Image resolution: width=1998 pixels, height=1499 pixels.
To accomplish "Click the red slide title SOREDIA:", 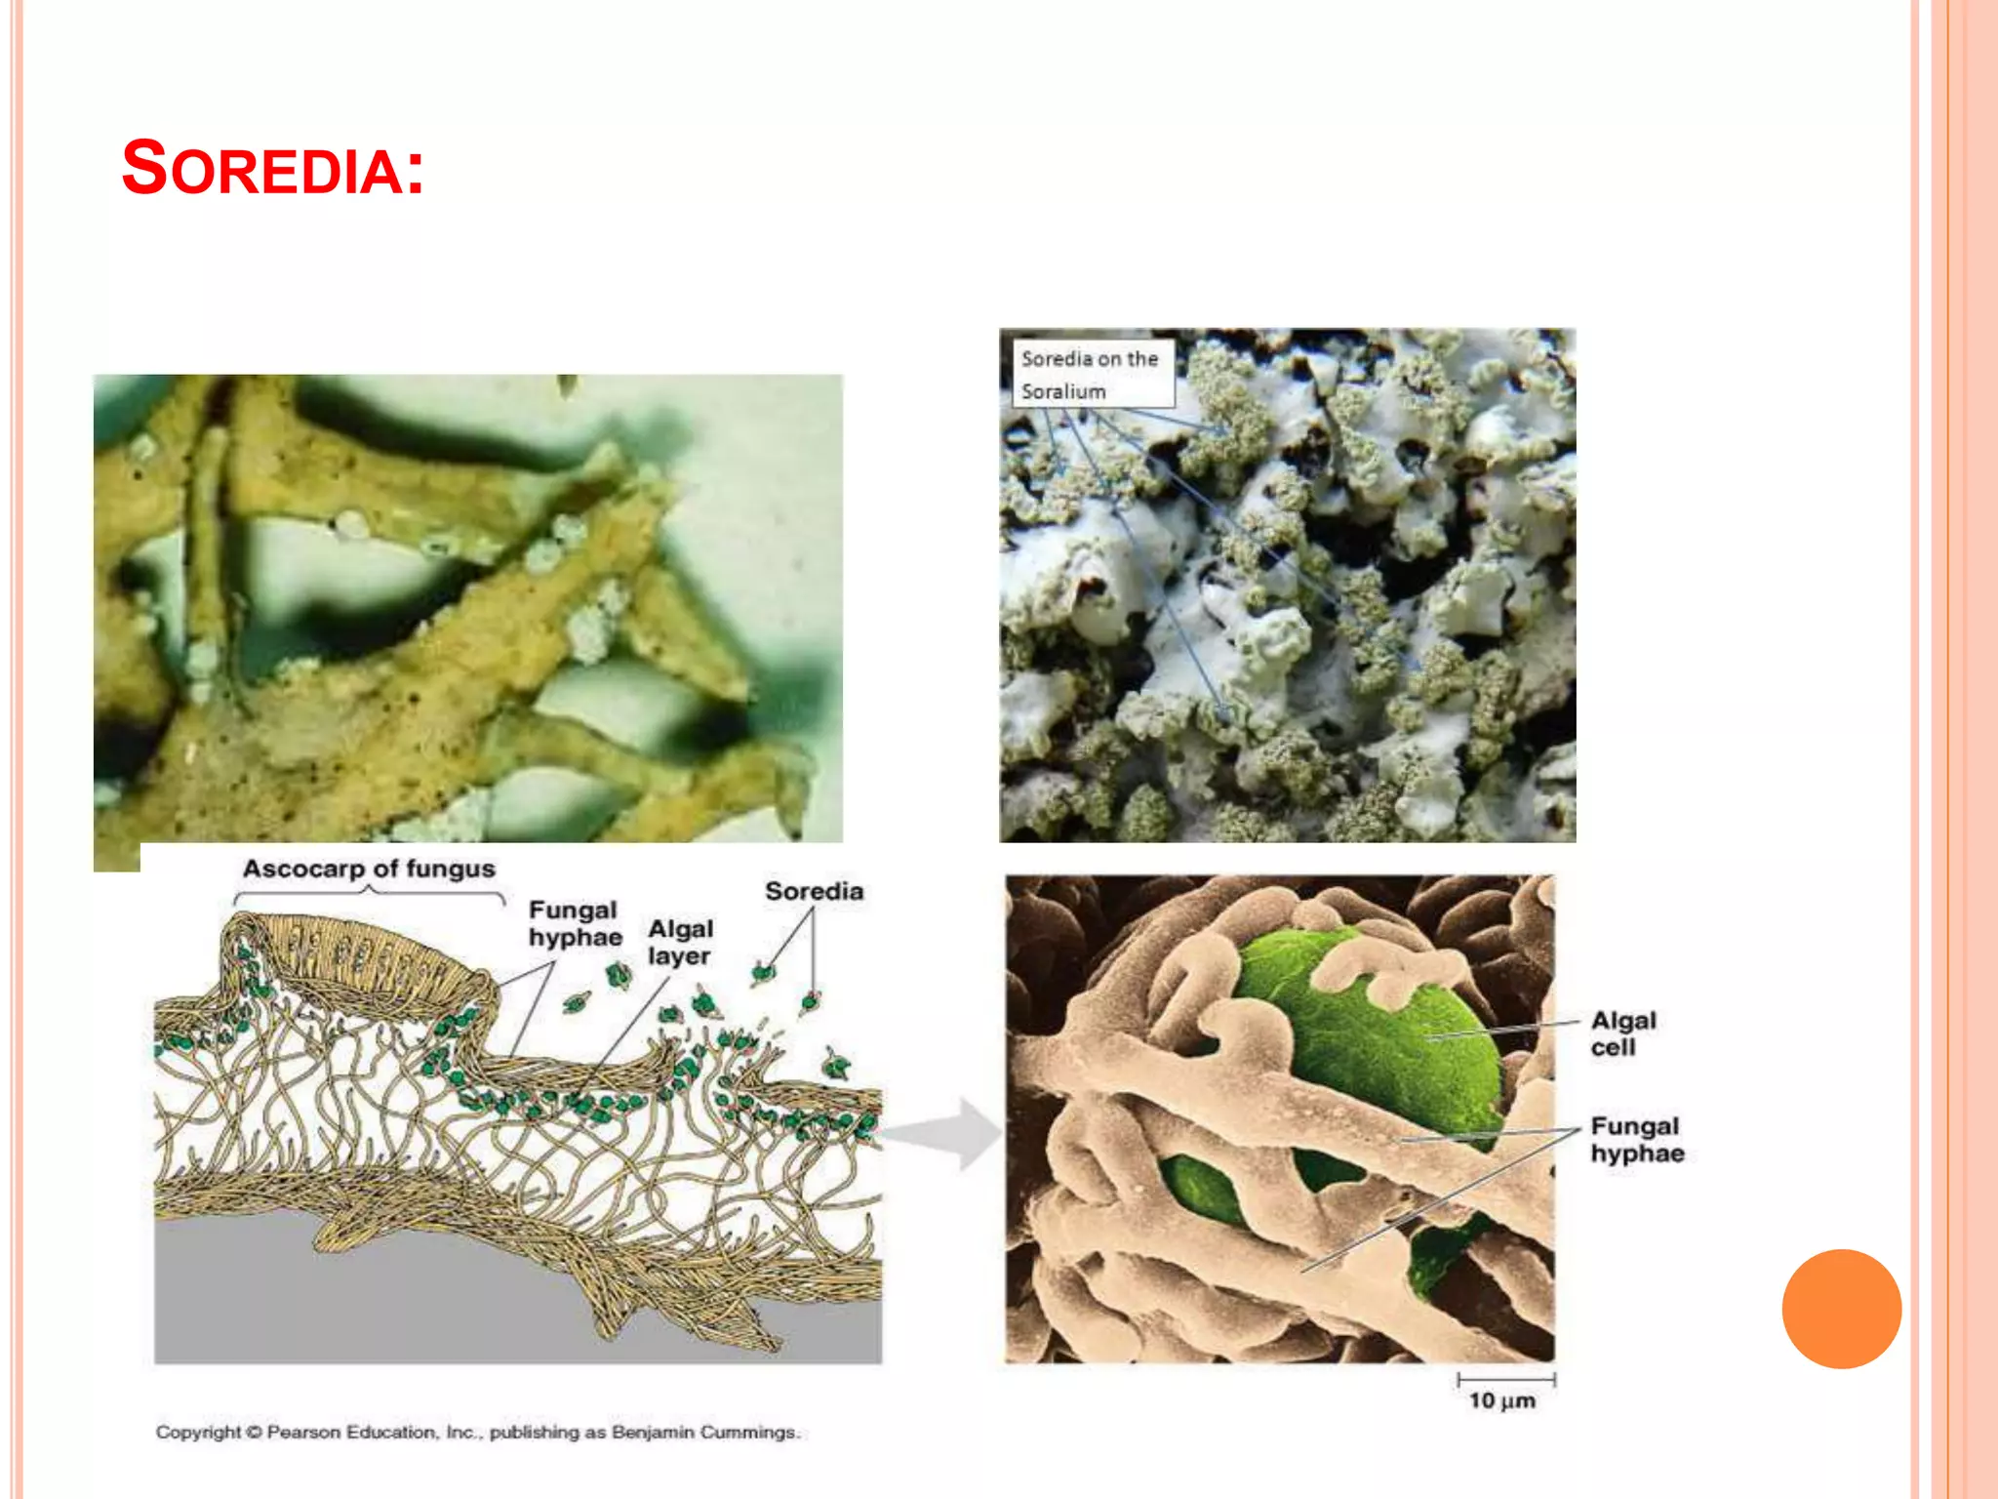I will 272,168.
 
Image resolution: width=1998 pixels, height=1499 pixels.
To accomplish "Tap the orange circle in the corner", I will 1841,1308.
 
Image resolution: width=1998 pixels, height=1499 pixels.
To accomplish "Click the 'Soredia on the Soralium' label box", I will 1092,374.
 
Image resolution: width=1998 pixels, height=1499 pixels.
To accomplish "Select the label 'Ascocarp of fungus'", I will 369,869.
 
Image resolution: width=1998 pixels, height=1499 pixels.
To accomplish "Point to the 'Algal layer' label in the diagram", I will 680,942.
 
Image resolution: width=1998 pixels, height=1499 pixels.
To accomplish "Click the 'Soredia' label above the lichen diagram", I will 814,891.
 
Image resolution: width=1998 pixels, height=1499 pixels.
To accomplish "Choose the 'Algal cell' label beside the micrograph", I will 1622,1033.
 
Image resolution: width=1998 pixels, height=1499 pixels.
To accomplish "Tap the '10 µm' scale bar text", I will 1502,1401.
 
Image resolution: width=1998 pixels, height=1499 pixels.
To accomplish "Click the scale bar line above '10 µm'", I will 1506,1380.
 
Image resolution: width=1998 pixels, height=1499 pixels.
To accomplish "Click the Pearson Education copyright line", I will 477,1432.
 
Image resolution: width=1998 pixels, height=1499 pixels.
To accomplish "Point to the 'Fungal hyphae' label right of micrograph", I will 1636,1140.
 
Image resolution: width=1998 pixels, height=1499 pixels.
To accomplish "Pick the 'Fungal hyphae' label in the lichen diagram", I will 575,923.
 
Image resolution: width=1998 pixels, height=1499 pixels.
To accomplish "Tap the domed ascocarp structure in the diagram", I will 361,947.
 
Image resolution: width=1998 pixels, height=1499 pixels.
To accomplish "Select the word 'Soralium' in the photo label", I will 1063,391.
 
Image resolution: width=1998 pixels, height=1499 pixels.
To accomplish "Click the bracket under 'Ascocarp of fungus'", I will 369,893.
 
